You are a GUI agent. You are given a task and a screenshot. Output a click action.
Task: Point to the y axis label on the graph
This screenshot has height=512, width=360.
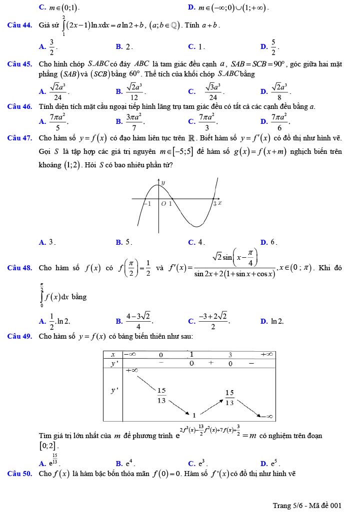pyautogui.click(x=162, y=184)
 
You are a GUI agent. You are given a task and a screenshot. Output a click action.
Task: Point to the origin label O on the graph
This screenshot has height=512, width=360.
pyautogui.click(x=163, y=204)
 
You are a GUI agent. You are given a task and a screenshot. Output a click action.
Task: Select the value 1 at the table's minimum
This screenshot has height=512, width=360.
pyautogui.click(x=194, y=415)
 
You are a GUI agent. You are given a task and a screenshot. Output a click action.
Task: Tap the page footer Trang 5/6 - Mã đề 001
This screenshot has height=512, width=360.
pyautogui.click(x=307, y=506)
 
